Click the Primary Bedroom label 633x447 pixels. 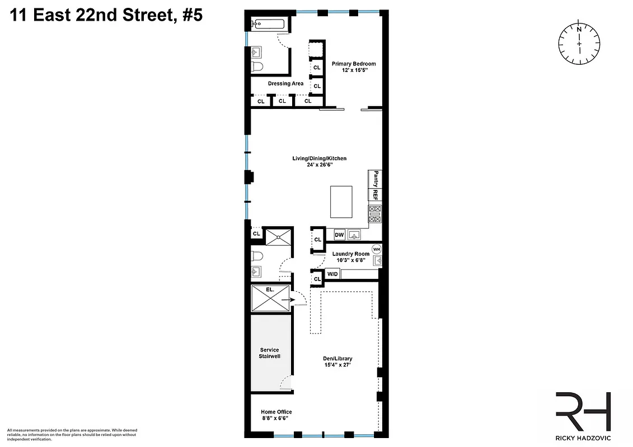click(x=353, y=64)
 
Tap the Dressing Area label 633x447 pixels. click(x=285, y=84)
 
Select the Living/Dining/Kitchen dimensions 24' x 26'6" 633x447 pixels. click(x=319, y=165)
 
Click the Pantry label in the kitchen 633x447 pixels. click(x=376, y=179)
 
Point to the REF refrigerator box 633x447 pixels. click(x=376, y=195)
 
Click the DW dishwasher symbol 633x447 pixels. click(x=339, y=235)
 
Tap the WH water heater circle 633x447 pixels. click(x=376, y=249)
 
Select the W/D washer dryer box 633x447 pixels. click(x=332, y=274)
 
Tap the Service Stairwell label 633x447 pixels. click(x=269, y=353)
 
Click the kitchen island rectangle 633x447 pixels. click(x=342, y=202)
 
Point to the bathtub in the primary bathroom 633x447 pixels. click(x=268, y=23)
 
